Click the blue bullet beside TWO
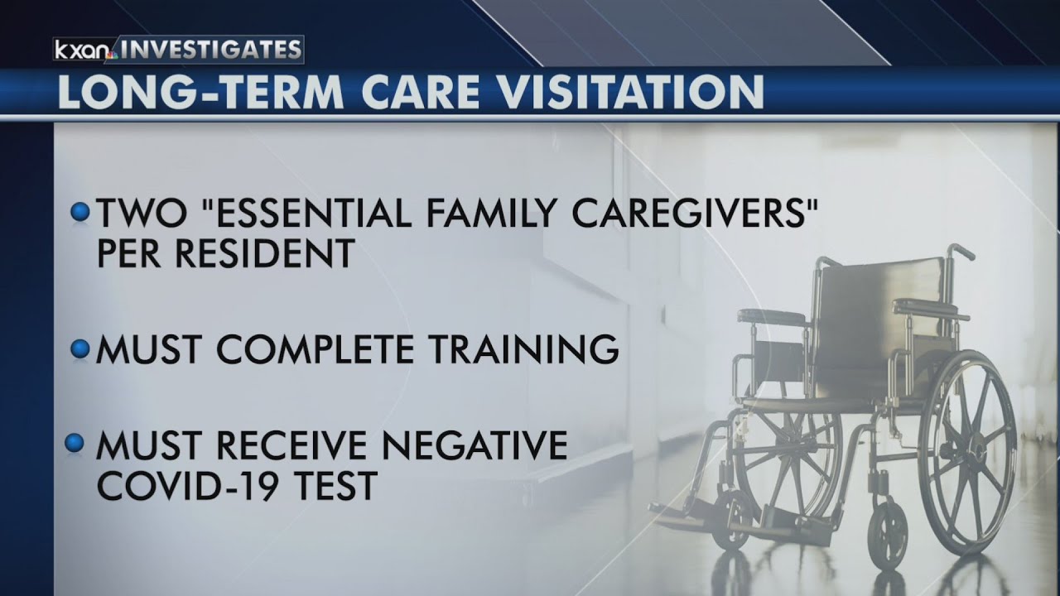79,213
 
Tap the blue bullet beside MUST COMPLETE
79,349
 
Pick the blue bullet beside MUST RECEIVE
75,445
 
